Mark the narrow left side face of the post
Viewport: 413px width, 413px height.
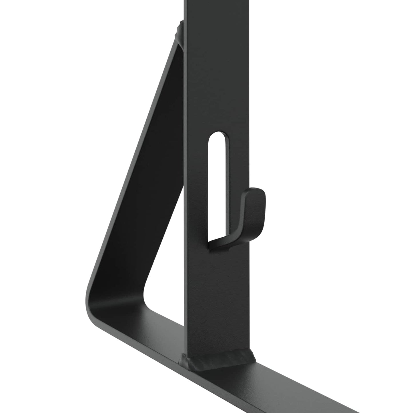[x=186, y=200]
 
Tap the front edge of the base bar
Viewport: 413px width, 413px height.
[x=200, y=392]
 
